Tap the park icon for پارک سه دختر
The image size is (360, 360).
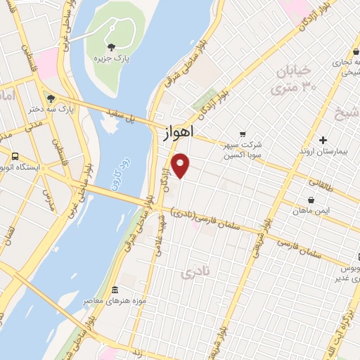50,98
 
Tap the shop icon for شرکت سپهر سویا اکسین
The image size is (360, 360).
243,133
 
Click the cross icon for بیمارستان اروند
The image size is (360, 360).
323,140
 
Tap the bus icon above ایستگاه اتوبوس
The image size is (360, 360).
15,156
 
